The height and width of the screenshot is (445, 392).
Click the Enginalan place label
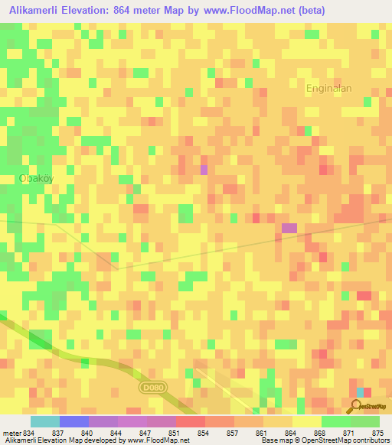point(328,88)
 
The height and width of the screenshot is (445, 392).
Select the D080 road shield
point(152,388)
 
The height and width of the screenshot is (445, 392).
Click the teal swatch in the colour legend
point(44,421)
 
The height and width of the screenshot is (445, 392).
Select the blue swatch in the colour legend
point(73,421)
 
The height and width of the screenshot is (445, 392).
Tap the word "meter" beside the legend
point(11,432)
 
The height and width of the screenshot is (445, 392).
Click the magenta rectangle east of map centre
point(289,228)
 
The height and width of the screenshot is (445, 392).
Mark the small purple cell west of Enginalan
point(204,169)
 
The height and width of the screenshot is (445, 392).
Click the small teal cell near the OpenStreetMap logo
point(360,392)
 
